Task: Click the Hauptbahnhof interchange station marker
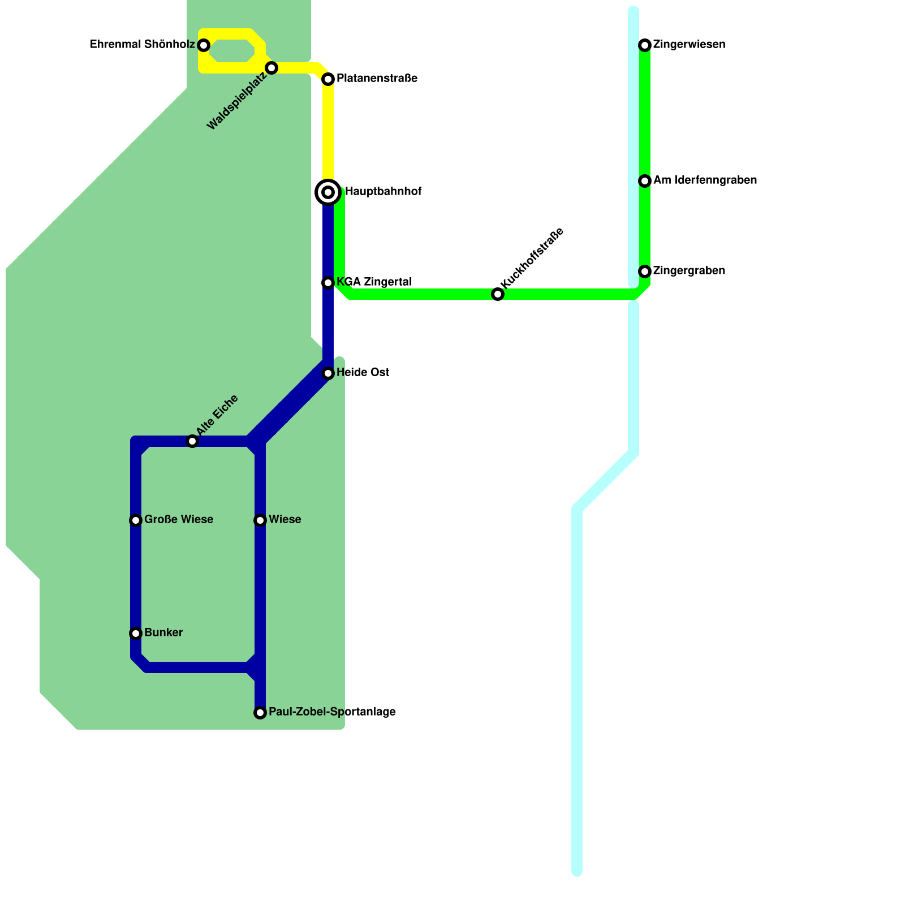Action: (x=328, y=192)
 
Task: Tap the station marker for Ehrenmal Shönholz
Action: (x=204, y=45)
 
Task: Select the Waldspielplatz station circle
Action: (x=271, y=68)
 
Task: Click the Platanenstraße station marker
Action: (x=328, y=79)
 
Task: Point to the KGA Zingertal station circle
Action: (x=328, y=283)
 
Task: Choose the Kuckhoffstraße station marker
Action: (x=498, y=294)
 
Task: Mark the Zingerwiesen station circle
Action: (x=645, y=45)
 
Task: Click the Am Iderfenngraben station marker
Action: (x=645, y=181)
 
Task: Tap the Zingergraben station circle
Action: (x=645, y=271)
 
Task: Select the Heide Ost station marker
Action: (x=328, y=373)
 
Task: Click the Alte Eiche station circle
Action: (x=192, y=441)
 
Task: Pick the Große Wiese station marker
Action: (x=136, y=520)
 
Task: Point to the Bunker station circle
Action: (x=136, y=633)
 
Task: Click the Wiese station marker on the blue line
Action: (x=260, y=520)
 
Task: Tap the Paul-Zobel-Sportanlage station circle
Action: (x=260, y=713)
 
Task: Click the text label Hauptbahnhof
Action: (x=383, y=192)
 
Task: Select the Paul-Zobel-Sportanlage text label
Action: (x=332, y=712)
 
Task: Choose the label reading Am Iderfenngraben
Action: (x=705, y=180)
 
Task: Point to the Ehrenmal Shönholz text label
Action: (x=143, y=45)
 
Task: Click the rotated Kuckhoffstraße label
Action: (x=532, y=257)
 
